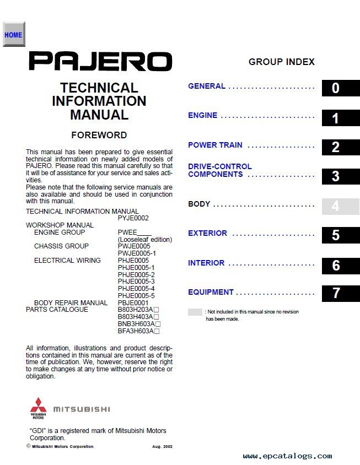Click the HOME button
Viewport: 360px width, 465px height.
click(13, 35)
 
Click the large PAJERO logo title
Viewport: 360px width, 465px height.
click(100, 61)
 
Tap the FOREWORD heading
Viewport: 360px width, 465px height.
click(99, 135)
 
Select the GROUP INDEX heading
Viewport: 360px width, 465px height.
click(281, 62)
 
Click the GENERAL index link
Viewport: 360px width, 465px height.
click(207, 86)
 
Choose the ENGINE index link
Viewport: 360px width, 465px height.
click(203, 116)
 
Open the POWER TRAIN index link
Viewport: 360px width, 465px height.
click(215, 145)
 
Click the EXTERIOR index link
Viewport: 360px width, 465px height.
click(207, 234)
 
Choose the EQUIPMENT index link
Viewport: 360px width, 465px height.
click(211, 293)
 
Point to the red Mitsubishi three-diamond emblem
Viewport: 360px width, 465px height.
click(39, 406)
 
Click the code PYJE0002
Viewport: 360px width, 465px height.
click(133, 218)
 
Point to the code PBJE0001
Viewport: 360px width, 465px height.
click(133, 303)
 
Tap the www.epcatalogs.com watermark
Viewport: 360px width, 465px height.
click(287, 456)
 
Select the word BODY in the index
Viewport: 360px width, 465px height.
click(199, 204)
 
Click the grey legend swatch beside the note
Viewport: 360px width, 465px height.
click(195, 312)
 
